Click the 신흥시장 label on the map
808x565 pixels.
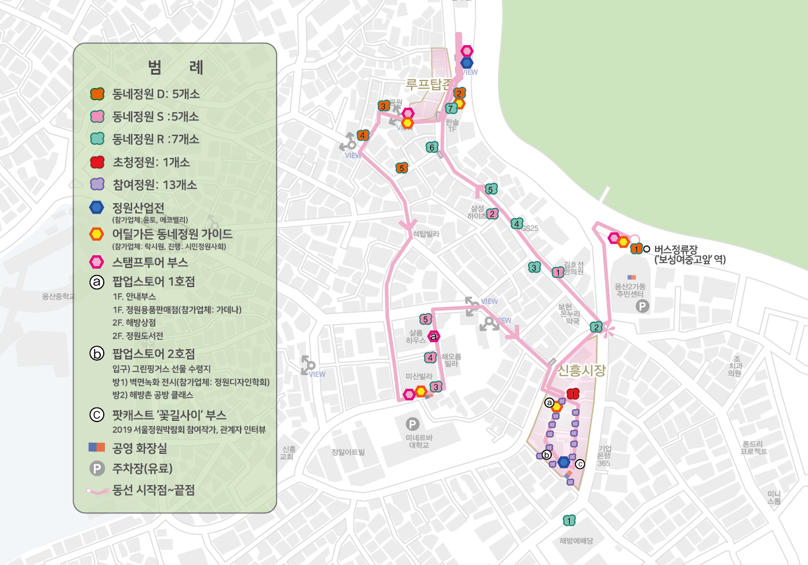point(581,370)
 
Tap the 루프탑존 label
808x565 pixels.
point(428,85)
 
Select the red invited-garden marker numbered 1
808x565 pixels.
point(573,394)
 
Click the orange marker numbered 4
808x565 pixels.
point(363,135)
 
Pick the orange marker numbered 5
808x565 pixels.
point(402,168)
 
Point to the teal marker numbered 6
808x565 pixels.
point(432,147)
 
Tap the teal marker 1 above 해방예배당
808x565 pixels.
point(569,520)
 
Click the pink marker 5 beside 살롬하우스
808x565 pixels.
point(425,319)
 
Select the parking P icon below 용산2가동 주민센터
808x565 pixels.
point(642,306)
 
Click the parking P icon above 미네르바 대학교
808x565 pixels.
point(412,424)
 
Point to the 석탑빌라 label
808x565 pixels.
point(426,234)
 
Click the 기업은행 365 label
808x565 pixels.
point(604,456)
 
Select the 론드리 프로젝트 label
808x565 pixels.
point(754,447)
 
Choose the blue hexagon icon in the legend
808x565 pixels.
point(97,207)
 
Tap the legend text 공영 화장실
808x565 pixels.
point(140,448)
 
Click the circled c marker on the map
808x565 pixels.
point(580,464)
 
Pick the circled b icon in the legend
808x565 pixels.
point(97,353)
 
